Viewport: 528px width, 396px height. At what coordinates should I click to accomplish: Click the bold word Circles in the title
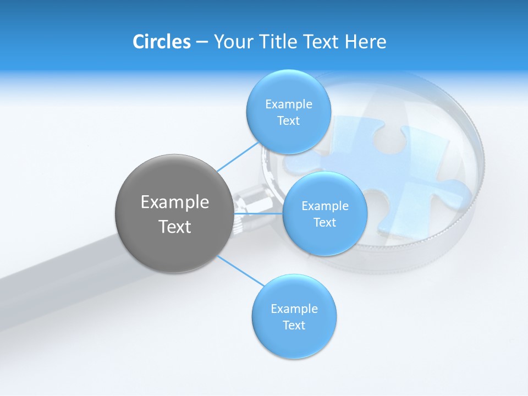[x=161, y=42]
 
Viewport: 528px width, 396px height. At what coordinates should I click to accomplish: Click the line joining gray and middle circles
[x=258, y=213]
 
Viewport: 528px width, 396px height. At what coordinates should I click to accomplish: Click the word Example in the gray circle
[x=175, y=202]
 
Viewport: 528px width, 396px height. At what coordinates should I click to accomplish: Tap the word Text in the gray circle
[x=175, y=227]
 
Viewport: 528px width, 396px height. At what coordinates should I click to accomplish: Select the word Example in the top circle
[x=289, y=104]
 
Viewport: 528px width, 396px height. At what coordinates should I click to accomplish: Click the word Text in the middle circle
[x=324, y=223]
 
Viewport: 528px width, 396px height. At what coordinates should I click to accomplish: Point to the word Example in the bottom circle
[x=294, y=309]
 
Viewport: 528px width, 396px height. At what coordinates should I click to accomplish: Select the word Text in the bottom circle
[x=294, y=325]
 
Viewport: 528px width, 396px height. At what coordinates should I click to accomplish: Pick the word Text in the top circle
[x=288, y=121]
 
